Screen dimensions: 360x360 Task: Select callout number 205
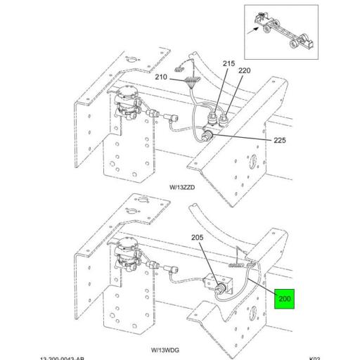197,238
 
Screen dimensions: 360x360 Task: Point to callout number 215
228,64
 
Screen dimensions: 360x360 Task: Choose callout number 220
244,71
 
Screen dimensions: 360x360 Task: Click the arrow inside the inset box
255,29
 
